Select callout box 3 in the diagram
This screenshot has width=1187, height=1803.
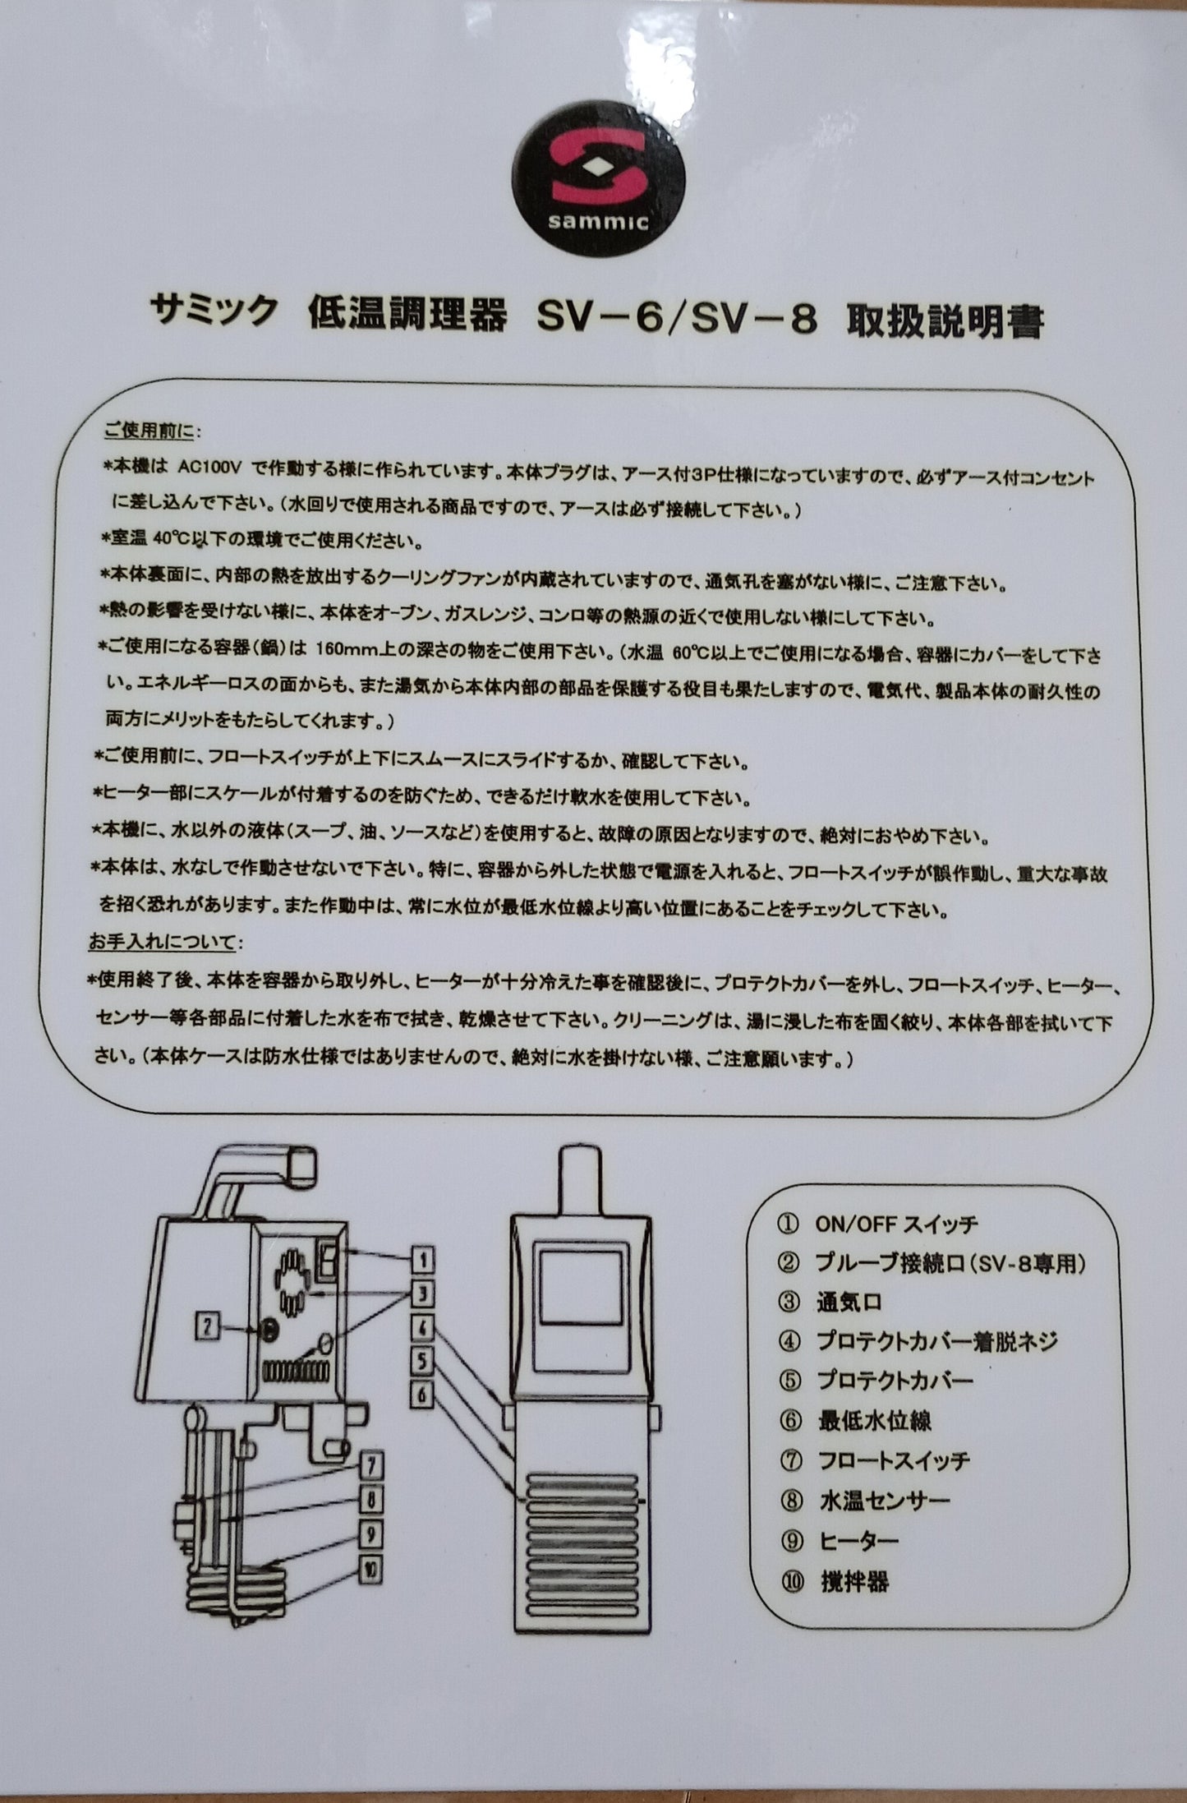[x=421, y=1296]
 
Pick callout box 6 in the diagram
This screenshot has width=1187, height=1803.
[x=421, y=1395]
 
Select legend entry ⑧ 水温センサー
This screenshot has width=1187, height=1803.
[x=883, y=1501]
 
